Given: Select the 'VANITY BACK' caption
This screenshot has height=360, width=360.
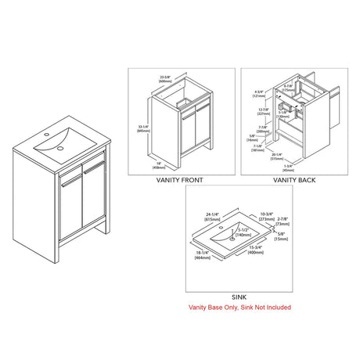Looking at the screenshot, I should (x=294, y=180).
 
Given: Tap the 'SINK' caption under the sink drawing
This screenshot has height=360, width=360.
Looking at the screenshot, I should (x=238, y=297).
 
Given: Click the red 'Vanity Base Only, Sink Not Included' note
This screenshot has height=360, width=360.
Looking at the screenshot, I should (x=239, y=308).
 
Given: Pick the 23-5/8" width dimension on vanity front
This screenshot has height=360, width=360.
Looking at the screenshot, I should (x=164, y=78).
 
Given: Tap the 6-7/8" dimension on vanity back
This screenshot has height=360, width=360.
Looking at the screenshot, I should (x=288, y=87).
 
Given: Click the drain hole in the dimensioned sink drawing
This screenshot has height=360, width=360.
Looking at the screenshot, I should (x=233, y=241).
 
